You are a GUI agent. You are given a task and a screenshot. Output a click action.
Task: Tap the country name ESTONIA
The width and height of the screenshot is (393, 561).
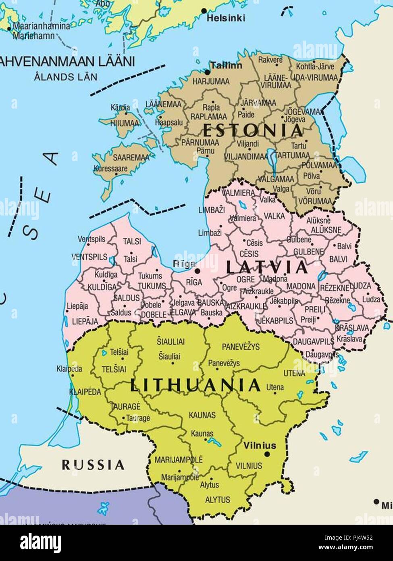click(x=253, y=130)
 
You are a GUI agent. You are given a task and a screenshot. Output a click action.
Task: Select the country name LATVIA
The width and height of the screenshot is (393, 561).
click(x=267, y=267)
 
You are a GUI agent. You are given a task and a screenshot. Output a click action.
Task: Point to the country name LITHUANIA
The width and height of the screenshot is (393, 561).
click(x=196, y=385)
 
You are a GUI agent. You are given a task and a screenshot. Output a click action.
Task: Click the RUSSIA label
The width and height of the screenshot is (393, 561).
click(x=93, y=465)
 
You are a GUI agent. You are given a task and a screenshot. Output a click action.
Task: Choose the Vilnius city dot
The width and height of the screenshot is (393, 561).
click(x=266, y=454)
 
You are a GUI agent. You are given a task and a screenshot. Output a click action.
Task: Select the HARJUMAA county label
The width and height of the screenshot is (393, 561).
click(x=211, y=82)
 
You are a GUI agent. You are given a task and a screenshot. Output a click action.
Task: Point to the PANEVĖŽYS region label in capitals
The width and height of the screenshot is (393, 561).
click(x=241, y=347)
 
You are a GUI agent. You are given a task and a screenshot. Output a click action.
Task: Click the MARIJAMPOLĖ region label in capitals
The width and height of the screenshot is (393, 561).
click(x=179, y=459)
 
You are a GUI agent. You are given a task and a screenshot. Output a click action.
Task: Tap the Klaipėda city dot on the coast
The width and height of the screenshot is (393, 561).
click(x=73, y=375)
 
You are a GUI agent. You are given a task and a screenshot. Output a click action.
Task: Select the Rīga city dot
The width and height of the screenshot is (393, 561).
click(x=198, y=270)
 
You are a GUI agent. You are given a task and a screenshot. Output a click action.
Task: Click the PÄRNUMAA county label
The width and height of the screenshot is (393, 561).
click(x=200, y=142)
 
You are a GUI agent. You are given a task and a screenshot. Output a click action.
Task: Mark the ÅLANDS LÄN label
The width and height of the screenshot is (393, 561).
click(x=66, y=77)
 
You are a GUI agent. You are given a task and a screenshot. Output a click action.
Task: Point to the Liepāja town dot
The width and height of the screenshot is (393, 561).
click(x=67, y=311)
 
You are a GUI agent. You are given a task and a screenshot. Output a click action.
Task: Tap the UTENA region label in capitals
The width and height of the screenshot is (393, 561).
click(x=294, y=373)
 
